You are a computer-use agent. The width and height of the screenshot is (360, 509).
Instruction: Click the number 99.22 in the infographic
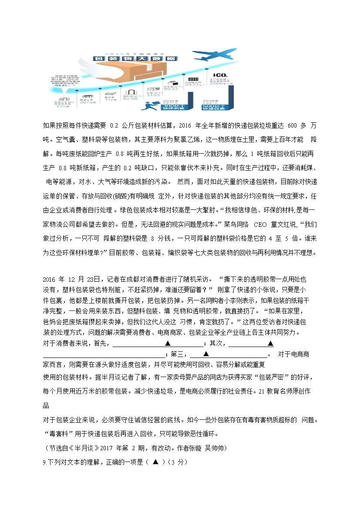(x=171, y=89)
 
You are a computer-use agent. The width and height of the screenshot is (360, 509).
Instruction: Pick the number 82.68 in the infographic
(x=131, y=99)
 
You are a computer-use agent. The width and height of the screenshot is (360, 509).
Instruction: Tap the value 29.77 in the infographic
(x=193, y=85)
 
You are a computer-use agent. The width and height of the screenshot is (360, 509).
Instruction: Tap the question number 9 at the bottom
(x=44, y=462)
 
